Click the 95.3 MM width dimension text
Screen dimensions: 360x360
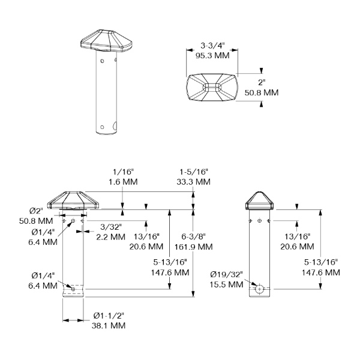212,56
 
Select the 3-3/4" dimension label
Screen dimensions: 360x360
212,46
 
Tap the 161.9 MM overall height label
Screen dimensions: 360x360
194,247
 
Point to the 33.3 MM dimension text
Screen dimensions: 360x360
194,182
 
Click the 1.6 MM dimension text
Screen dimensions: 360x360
123,182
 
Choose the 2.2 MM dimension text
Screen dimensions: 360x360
110,237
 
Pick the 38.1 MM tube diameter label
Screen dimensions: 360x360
109,325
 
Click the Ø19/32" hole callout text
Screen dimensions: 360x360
226,274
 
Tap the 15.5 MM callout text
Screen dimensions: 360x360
226,284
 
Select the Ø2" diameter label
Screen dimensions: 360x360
36,211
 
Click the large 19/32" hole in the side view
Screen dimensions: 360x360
259,289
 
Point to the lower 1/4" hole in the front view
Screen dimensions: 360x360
73,289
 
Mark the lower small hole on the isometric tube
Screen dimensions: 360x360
103,127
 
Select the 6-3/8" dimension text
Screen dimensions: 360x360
194,236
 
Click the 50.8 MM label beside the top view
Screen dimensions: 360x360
262,92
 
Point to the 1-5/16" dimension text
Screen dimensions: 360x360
194,172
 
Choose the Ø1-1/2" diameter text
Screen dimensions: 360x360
109,316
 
